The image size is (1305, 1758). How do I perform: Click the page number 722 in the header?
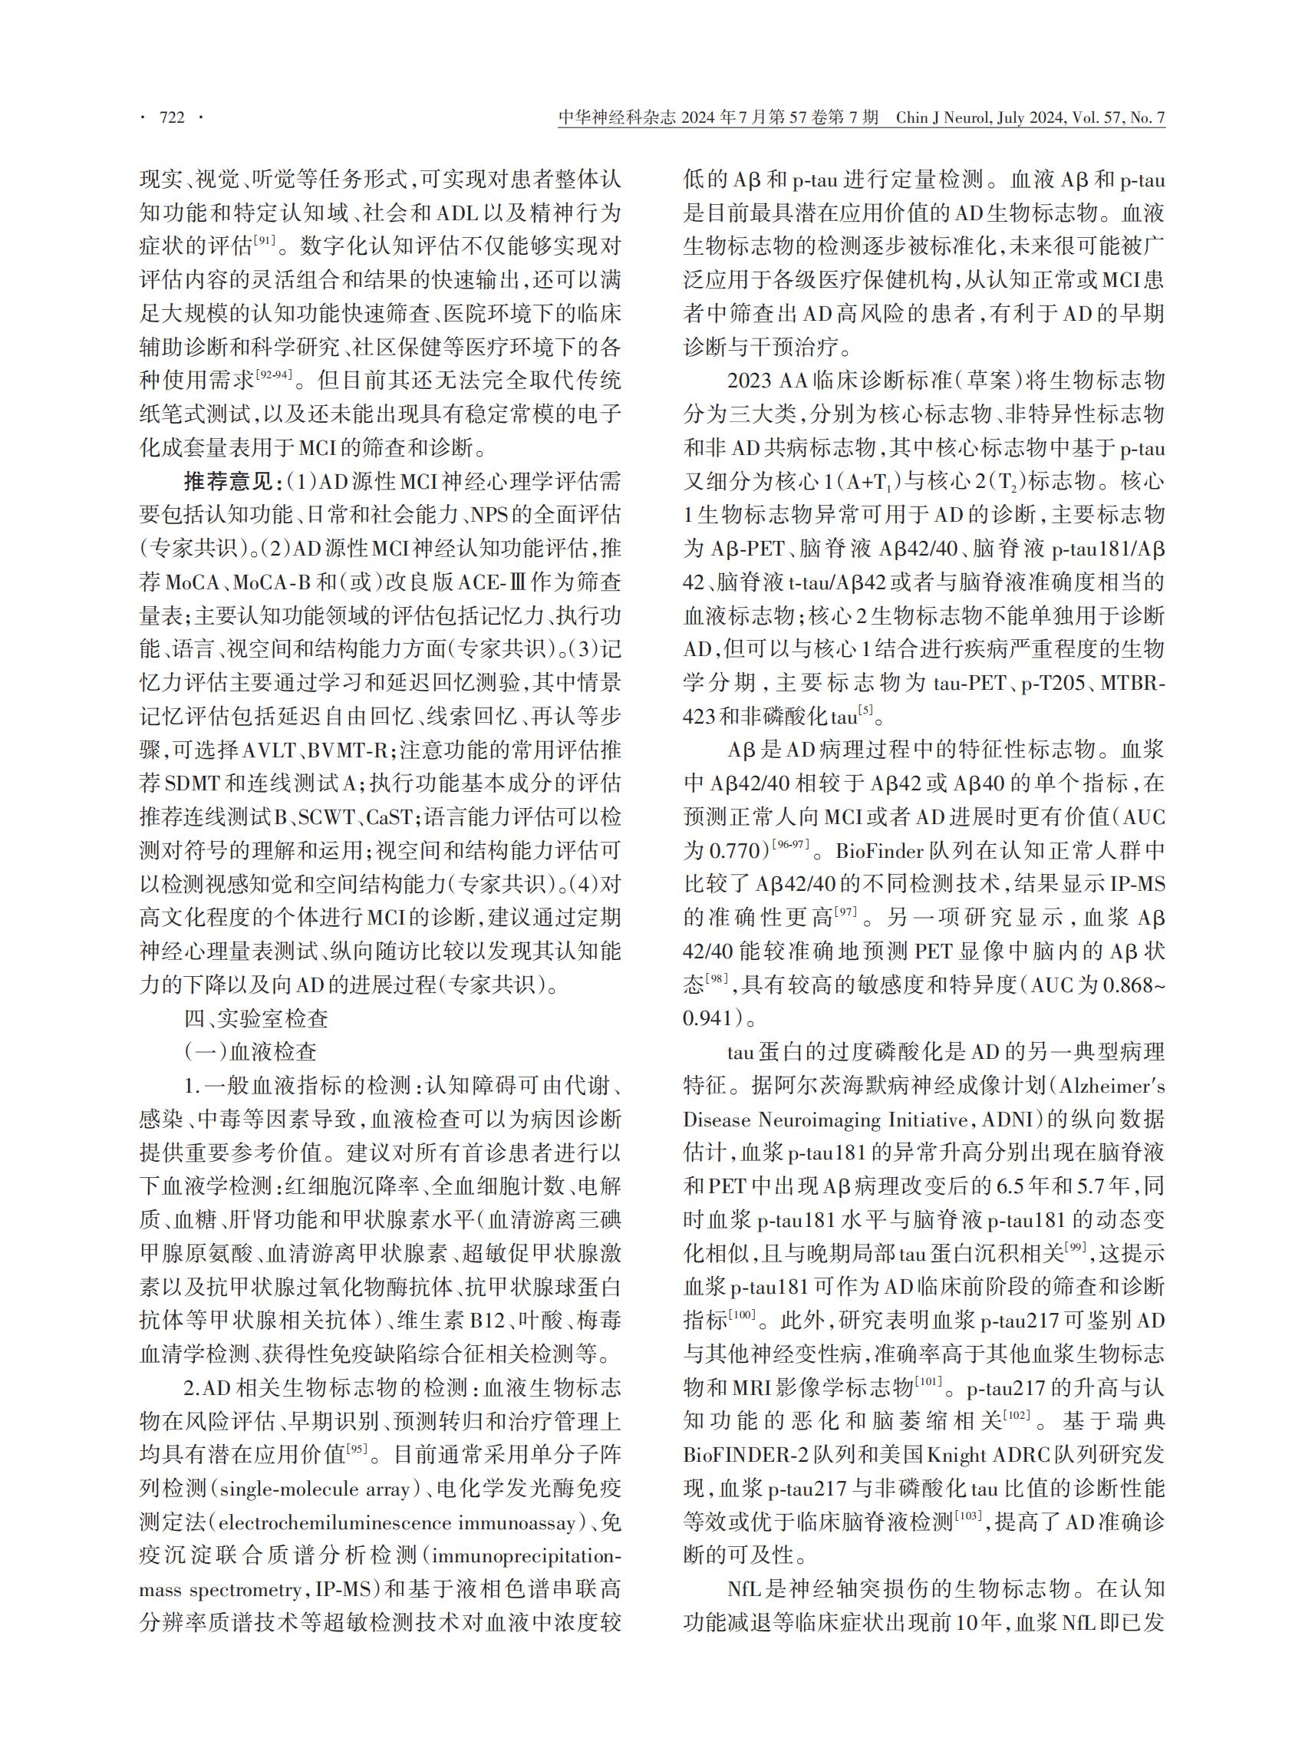pos(171,118)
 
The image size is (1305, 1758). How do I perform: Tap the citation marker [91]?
pos(264,241)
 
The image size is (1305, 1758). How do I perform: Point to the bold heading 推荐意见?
pos(229,481)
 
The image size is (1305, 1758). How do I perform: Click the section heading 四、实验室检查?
pos(256,1018)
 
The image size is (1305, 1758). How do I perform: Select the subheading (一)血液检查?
pos(250,1051)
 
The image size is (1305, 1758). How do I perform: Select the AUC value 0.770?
pos(736,851)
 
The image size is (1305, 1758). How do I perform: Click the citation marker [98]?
pos(717,980)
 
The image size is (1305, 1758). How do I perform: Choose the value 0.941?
pos(709,1018)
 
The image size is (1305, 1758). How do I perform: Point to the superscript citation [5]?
pos(866,711)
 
